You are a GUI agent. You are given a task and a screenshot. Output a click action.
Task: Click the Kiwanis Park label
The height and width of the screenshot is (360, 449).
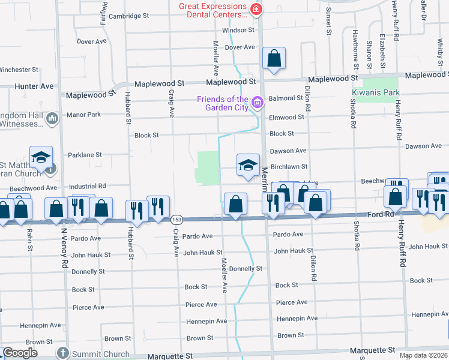coord(375,93)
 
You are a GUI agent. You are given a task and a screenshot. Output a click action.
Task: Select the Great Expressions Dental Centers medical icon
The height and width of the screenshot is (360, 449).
coord(256,10)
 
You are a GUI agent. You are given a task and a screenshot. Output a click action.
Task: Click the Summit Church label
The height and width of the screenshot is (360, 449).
coord(101,354)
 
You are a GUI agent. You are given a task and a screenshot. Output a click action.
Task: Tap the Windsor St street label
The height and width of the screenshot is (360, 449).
coord(238,29)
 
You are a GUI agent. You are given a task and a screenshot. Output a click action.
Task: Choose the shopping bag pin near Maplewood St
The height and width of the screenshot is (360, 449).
coord(274,59)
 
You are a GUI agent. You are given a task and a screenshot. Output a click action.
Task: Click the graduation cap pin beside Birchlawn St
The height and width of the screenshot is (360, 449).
coord(247,166)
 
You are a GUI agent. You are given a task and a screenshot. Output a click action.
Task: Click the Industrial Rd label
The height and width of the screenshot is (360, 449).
coord(87,186)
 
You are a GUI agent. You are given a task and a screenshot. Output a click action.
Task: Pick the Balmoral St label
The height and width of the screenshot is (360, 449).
coord(286,98)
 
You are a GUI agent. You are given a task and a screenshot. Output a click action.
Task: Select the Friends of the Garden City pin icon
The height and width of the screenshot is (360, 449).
coord(258,103)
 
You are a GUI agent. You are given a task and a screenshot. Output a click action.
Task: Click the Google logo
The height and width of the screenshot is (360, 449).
coord(20,353)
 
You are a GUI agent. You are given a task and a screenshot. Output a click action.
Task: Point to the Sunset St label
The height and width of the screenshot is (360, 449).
coord(329,20)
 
